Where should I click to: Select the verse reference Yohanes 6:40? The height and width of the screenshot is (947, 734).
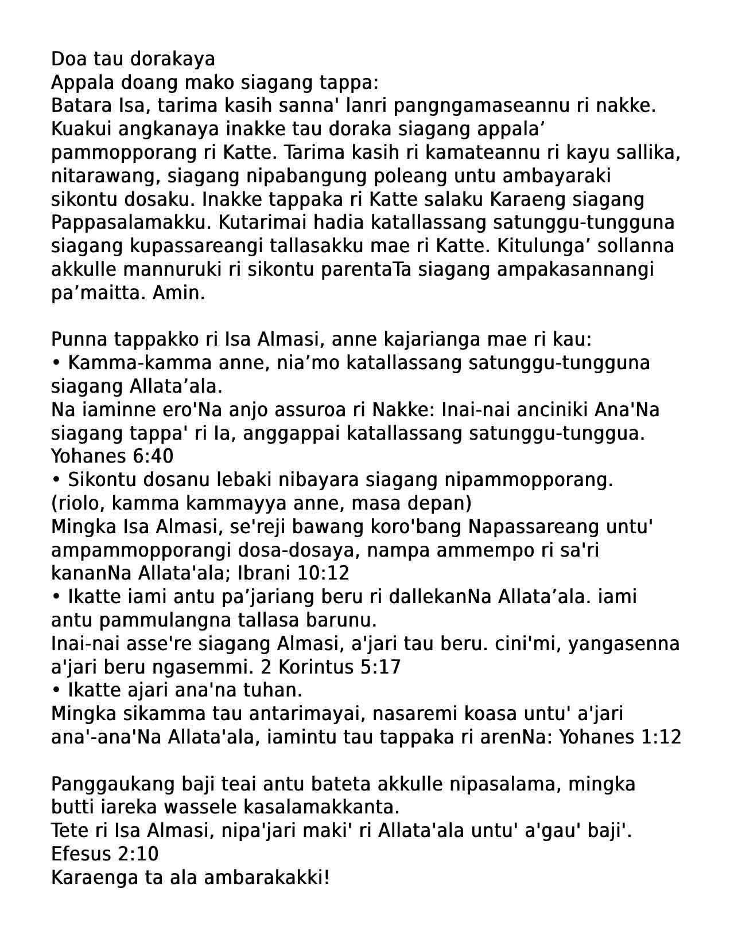pos(112,457)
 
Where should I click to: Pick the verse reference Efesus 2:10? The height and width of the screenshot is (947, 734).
pos(105,854)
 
